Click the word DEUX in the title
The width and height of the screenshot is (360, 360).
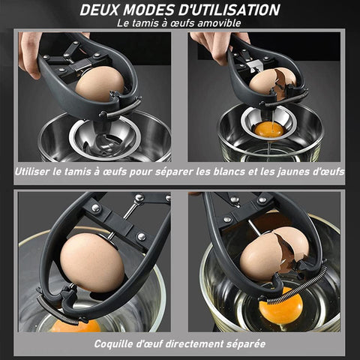(100, 10)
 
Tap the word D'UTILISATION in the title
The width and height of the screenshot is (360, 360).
(229, 10)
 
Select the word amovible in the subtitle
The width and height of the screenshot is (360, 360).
(219, 23)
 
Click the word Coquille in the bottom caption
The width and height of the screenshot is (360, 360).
(113, 344)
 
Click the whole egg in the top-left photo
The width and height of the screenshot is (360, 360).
(100, 84)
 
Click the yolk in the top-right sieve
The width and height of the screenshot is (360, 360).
(269, 130)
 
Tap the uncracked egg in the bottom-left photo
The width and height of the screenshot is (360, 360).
(92, 262)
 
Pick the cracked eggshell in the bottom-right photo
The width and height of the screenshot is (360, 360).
(274, 253)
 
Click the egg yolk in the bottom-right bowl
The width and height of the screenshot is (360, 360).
(280, 305)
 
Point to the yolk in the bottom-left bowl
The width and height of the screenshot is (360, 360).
(76, 325)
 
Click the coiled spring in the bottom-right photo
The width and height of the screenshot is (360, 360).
(298, 286)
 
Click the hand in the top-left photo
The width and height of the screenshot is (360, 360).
(30, 54)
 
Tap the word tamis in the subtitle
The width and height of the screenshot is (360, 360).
(145, 23)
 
